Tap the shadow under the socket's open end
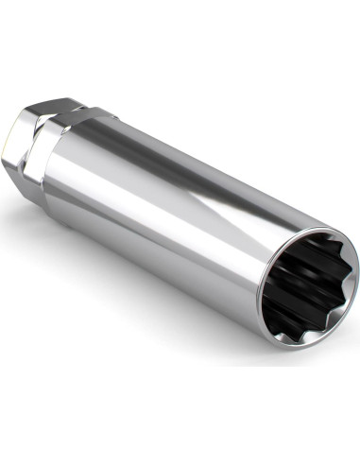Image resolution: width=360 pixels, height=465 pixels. pos(283,354)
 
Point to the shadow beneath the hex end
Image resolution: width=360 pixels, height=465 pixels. pos(38,203)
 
